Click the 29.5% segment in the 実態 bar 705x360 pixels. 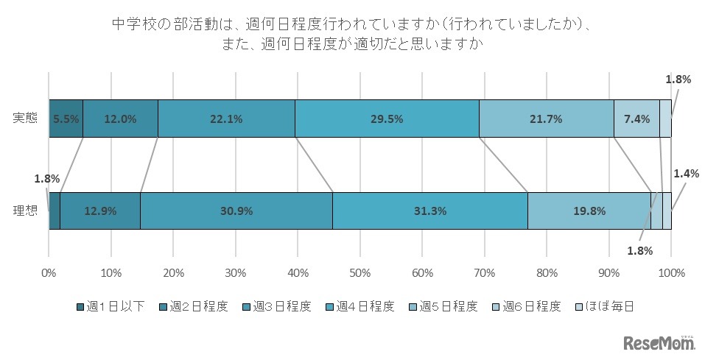click(387, 119)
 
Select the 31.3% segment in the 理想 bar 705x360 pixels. click(430, 211)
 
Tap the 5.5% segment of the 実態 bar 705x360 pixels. click(66, 119)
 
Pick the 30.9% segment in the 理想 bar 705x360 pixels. click(236, 211)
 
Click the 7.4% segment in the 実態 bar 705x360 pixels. click(636, 119)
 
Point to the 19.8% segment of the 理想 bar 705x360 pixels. click(589, 211)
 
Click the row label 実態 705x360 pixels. click(25, 119)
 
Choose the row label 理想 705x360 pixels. click(25, 211)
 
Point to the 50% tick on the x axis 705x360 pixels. click(359, 272)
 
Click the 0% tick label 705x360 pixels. click(49, 272)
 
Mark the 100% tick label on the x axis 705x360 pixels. click(671, 272)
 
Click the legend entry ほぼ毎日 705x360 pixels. click(603, 307)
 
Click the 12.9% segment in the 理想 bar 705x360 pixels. click(99, 211)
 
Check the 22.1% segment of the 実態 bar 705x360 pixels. click(226, 119)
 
